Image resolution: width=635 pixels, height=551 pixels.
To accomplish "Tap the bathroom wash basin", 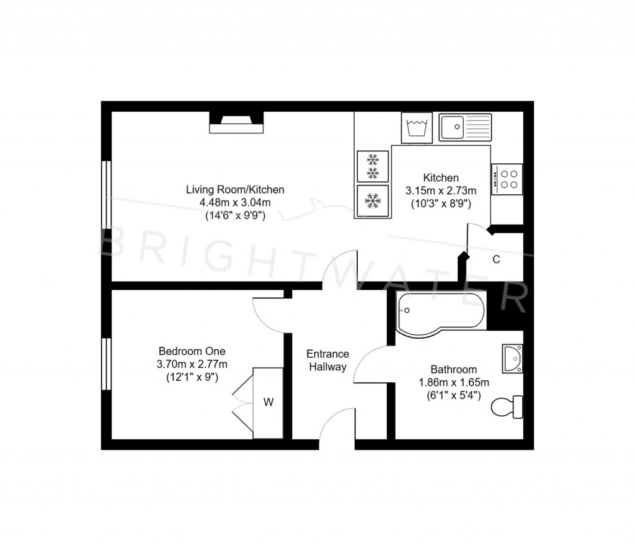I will (512, 359).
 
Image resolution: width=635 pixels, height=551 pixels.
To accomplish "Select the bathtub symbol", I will (441, 314).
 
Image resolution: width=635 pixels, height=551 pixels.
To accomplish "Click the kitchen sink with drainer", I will (465, 127).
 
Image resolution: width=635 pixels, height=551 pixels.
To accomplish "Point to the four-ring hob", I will (507, 179).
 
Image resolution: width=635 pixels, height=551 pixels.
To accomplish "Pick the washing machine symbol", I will (417, 128).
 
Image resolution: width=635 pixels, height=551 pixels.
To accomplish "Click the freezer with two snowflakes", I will (373, 166).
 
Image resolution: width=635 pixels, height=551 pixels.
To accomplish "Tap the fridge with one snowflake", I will (373, 200).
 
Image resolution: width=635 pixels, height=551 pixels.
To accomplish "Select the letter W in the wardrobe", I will (268, 402).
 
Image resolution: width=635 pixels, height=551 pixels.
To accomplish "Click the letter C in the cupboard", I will (496, 259).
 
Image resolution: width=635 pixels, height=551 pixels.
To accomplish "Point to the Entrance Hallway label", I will (327, 361).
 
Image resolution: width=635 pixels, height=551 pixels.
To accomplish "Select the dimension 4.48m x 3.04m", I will (235, 203).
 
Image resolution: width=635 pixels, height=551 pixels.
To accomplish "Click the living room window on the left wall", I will (106, 195).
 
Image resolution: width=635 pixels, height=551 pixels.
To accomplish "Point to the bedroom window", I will (106, 364).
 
